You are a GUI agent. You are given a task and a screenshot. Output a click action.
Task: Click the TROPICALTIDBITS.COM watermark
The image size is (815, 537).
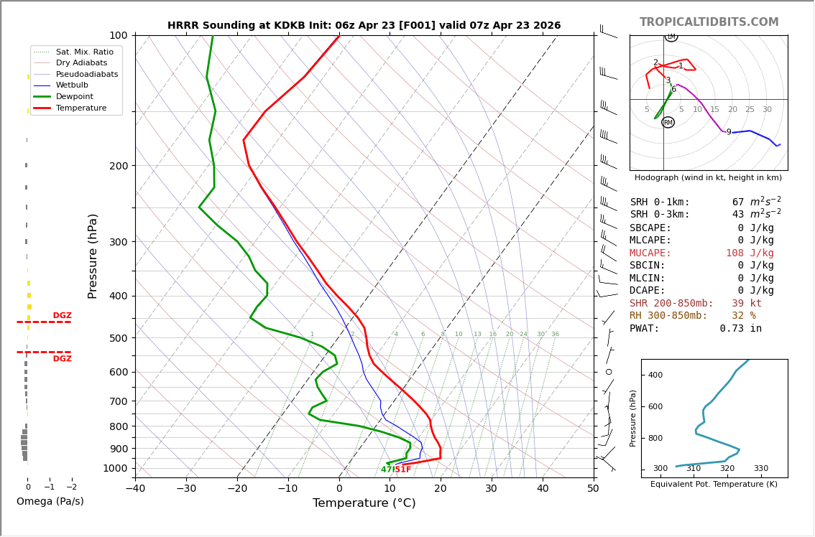709,22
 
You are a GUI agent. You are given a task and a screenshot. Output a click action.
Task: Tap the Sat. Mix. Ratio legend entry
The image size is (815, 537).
84,52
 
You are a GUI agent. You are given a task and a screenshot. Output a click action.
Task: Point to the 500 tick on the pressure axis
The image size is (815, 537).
118,338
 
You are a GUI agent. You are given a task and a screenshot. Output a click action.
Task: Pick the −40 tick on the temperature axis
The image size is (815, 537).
135,489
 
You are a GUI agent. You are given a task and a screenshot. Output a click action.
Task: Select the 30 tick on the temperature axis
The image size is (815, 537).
491,489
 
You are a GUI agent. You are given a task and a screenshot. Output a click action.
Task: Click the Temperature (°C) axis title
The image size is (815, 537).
364,503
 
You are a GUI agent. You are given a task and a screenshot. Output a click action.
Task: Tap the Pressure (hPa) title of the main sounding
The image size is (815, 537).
93,256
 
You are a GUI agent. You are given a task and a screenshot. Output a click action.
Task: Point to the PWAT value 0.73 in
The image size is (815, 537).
740,329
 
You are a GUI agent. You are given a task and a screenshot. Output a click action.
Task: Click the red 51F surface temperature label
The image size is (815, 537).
403,470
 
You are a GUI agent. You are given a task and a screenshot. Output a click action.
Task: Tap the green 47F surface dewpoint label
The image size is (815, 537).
387,470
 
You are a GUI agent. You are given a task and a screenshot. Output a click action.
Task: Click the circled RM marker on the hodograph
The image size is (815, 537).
668,123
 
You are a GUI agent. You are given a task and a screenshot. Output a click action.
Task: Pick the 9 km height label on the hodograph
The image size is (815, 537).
728,132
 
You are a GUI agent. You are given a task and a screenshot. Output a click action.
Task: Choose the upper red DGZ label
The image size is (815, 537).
62,316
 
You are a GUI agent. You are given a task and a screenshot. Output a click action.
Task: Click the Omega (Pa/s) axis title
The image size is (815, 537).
50,502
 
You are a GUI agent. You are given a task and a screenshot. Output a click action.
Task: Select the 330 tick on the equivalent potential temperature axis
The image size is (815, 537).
760,469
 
